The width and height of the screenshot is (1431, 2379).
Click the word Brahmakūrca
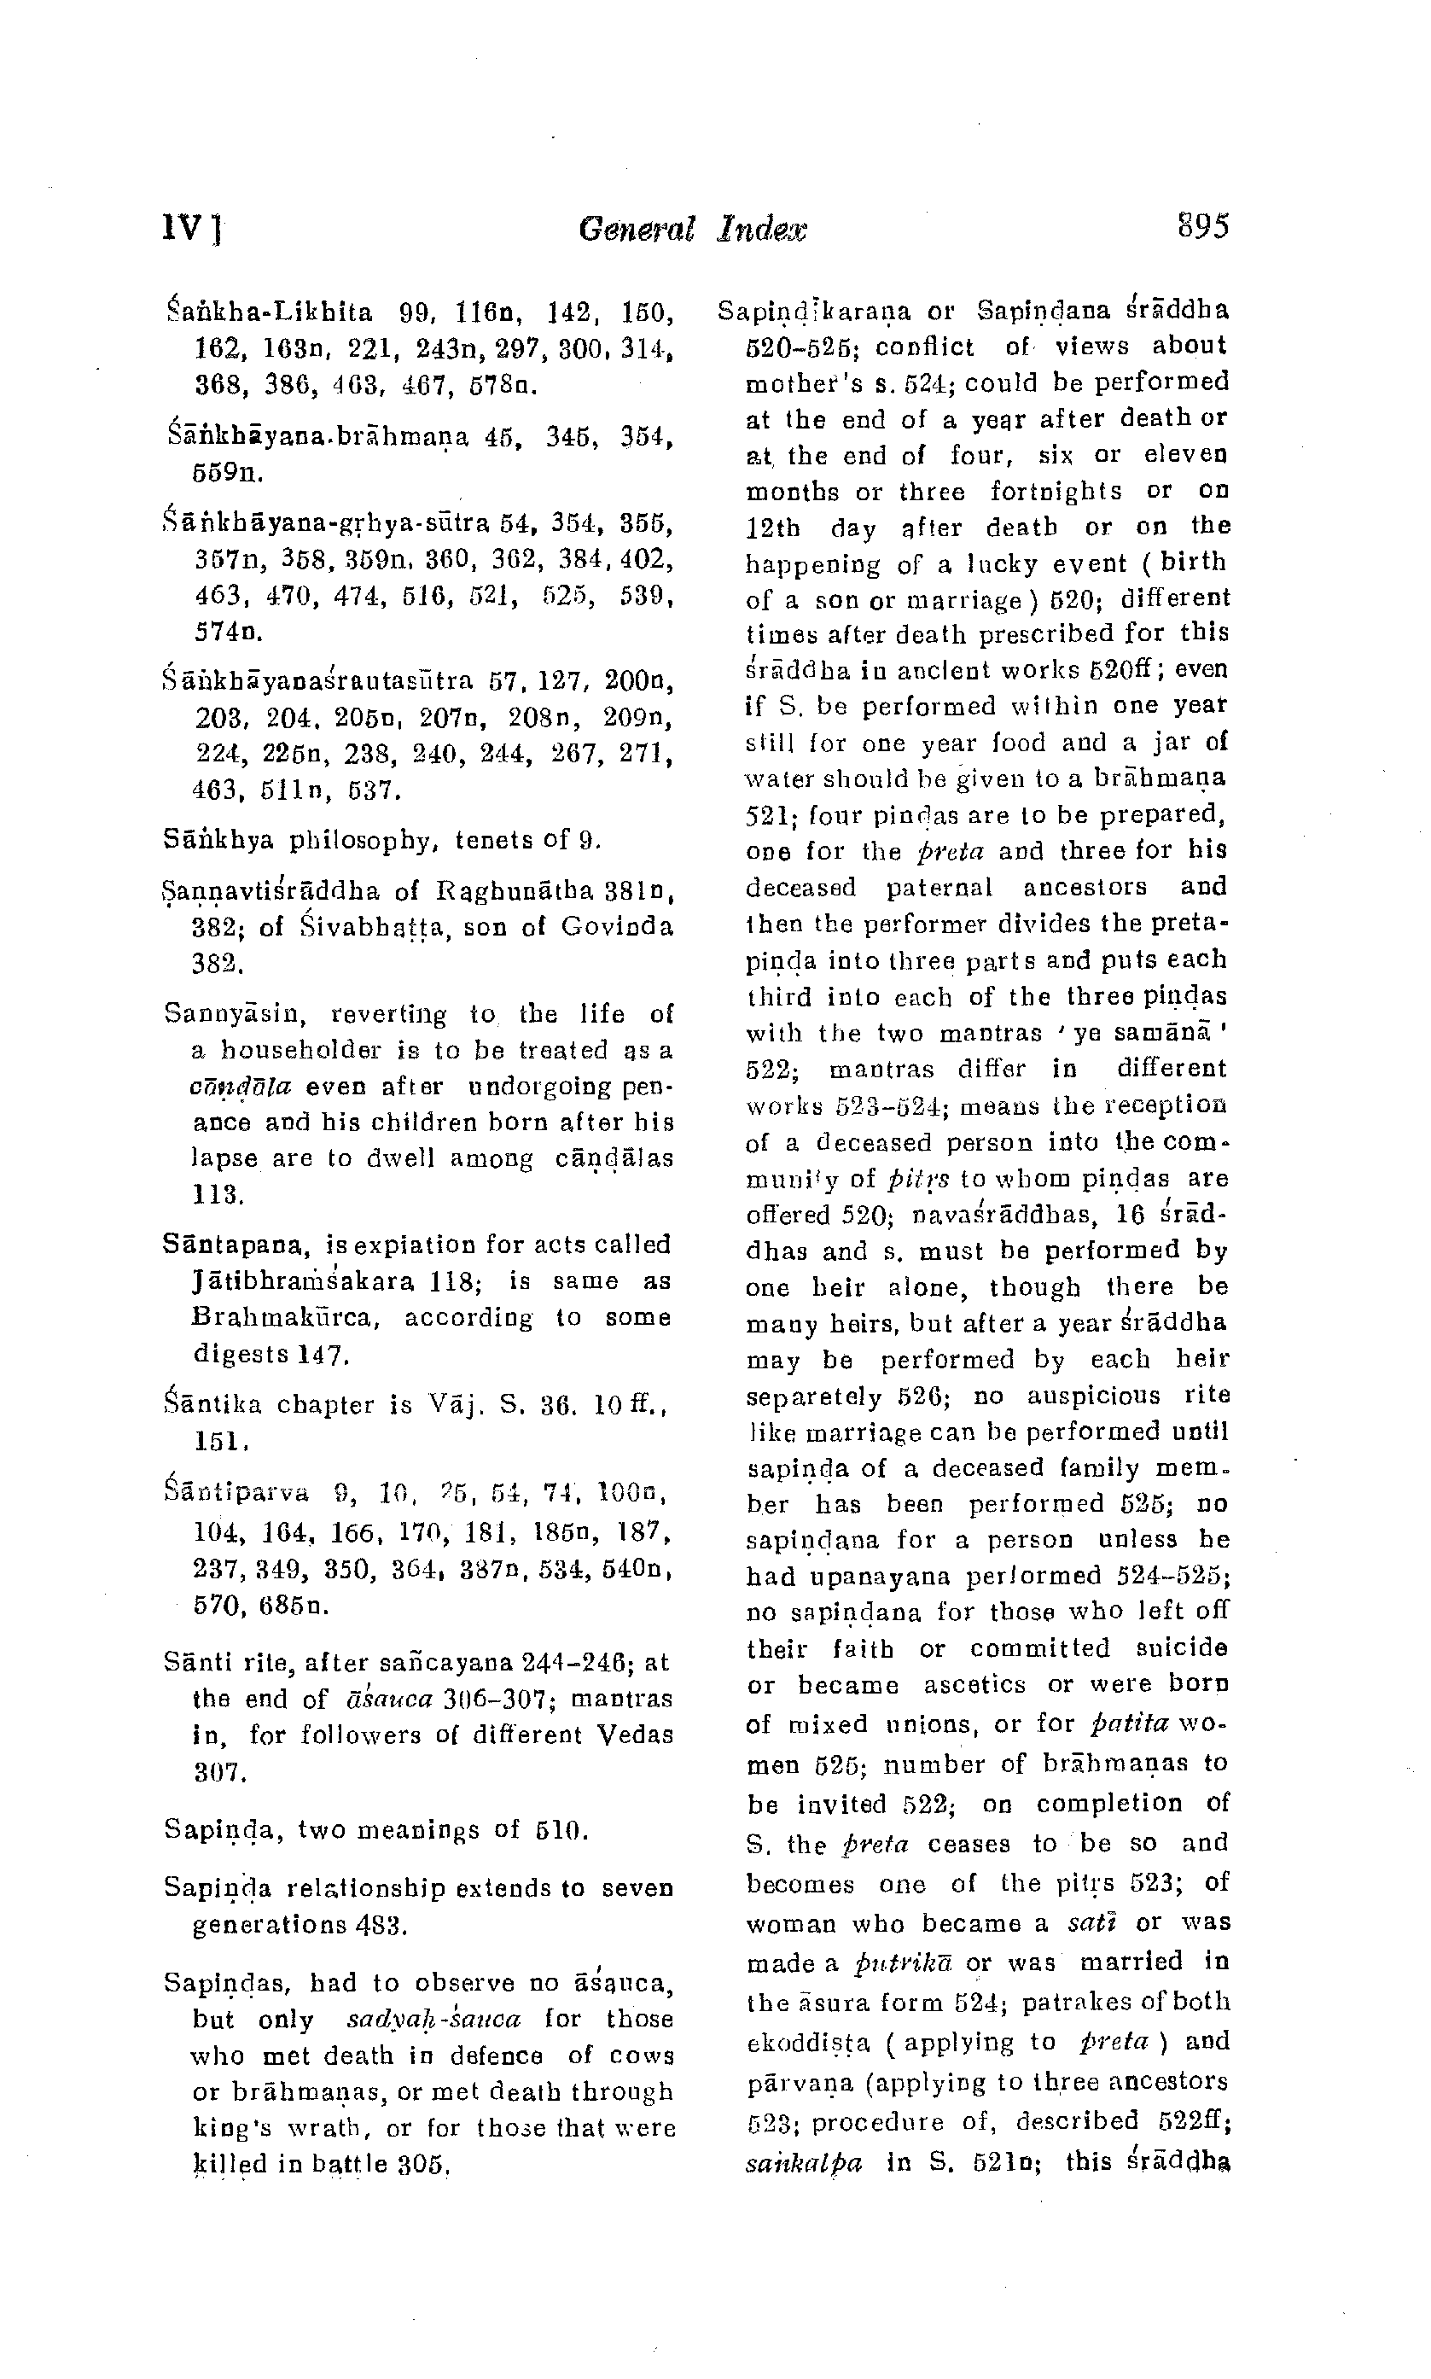coord(288,1318)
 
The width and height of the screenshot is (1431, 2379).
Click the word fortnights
coord(1056,492)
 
